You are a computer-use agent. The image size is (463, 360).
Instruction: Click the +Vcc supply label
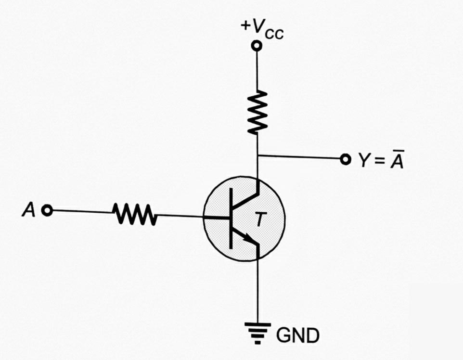pos(262,29)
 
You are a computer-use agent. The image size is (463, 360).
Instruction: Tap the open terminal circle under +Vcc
pos(257,46)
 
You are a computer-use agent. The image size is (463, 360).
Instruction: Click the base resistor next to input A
pos(134,213)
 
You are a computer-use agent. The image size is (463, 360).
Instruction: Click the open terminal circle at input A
pos(47,210)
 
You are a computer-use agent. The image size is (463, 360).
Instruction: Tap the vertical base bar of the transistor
pos(231,219)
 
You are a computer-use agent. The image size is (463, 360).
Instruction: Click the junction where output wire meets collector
pos(257,155)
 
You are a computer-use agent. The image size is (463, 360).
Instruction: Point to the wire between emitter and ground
pos(258,289)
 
